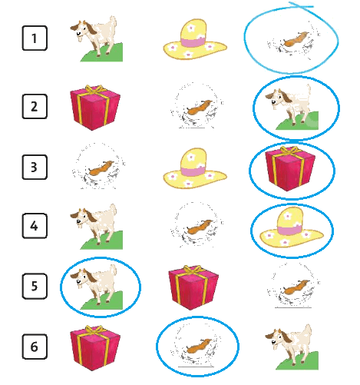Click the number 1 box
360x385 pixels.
pyautogui.click(x=35, y=38)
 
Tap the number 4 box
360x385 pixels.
pyautogui.click(x=35, y=226)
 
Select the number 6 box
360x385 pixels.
pyautogui.click(x=35, y=347)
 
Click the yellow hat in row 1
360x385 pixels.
pyautogui.click(x=195, y=39)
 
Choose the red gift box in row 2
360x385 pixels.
pyautogui.click(x=95, y=108)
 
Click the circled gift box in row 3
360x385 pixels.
pyautogui.click(x=290, y=169)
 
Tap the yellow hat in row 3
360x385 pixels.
pyautogui.click(x=195, y=168)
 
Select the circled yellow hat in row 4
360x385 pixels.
pyautogui.click(x=292, y=227)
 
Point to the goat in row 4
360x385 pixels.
pyautogui.click(x=97, y=227)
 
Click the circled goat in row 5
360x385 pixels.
pyautogui.click(x=97, y=287)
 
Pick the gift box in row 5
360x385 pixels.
pyautogui.click(x=193, y=287)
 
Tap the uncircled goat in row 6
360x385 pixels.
pyautogui.click(x=292, y=347)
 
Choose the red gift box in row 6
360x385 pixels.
pyautogui.click(x=95, y=348)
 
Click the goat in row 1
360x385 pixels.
pyautogui.click(x=97, y=39)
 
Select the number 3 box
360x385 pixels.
pyautogui.click(x=35, y=167)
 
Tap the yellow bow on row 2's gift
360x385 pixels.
pyautogui.click(x=94, y=89)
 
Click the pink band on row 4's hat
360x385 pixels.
pyautogui.click(x=289, y=231)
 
